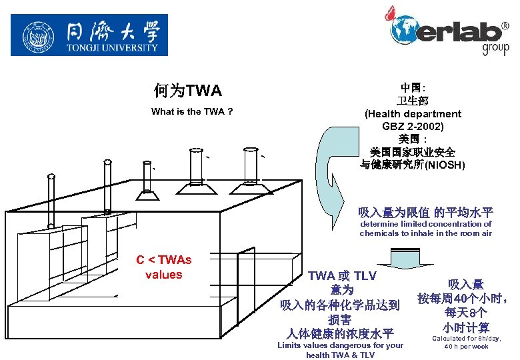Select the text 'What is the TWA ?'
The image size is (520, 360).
(192, 111)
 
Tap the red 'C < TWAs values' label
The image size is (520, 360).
(163, 267)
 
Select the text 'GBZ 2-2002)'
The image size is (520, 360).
(413, 126)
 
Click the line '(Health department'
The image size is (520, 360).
(413, 113)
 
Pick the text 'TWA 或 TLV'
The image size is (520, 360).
(342, 276)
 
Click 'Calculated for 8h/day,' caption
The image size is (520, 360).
(467, 339)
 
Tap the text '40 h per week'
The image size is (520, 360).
(467, 347)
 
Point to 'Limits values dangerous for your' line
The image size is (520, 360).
(340, 345)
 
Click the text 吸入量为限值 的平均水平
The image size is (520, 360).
(425, 213)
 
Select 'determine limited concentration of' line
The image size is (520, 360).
(425, 224)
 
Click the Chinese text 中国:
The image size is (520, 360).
(413, 88)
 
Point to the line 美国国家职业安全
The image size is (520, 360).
(413, 152)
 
